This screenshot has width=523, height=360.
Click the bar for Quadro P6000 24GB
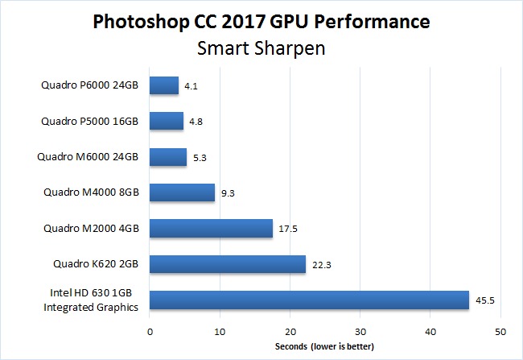[164, 85]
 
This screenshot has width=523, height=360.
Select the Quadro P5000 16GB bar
[167, 121]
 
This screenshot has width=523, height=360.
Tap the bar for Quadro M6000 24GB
[168, 157]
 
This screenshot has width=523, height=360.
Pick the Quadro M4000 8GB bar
[182, 192]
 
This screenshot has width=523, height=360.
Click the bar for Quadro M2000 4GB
[211, 228]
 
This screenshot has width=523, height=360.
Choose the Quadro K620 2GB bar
[228, 264]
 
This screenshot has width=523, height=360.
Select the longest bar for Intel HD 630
[309, 300]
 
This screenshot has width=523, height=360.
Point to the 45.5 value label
[486, 300]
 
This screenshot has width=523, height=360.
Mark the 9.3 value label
[229, 193]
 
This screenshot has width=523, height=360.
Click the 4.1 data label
[191, 85]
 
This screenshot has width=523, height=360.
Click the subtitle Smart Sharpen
[261, 48]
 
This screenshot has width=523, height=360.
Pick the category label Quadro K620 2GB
[97, 264]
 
